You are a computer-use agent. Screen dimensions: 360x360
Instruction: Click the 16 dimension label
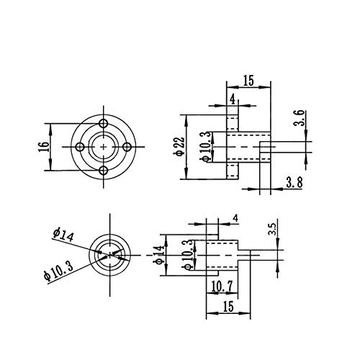[44, 146]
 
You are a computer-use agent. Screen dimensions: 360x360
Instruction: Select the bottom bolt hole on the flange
[105, 171]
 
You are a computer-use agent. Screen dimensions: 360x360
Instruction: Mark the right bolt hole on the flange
[130, 146]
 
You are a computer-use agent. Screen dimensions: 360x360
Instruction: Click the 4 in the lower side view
[235, 218]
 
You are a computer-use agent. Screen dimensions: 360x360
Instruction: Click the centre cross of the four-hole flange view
[105, 146]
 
